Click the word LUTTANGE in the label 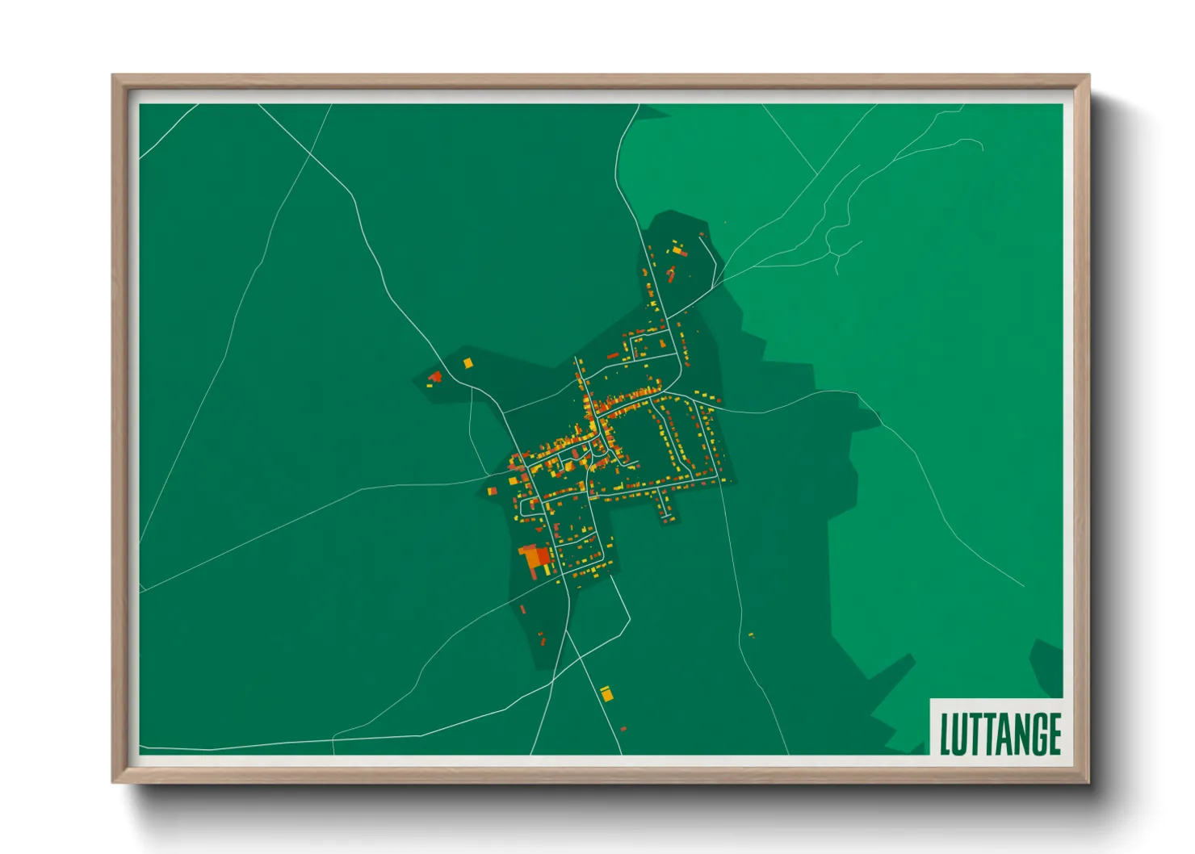pyautogui.click(x=1000, y=734)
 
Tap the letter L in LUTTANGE pyautogui.click(x=946, y=734)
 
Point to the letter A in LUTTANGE pyautogui.click(x=1001, y=734)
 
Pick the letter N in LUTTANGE pyautogui.click(x=1018, y=734)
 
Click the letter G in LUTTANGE pyautogui.click(x=1036, y=734)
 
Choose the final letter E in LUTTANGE pyautogui.click(x=1053, y=734)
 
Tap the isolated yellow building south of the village pyautogui.click(x=606, y=693)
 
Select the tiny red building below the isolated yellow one pyautogui.click(x=623, y=729)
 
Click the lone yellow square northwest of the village pyautogui.click(x=468, y=363)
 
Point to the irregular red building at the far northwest pyautogui.click(x=436, y=375)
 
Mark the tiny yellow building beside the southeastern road pyautogui.click(x=751, y=634)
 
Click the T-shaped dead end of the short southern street pyautogui.click(x=667, y=516)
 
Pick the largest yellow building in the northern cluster pyautogui.click(x=677, y=251)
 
